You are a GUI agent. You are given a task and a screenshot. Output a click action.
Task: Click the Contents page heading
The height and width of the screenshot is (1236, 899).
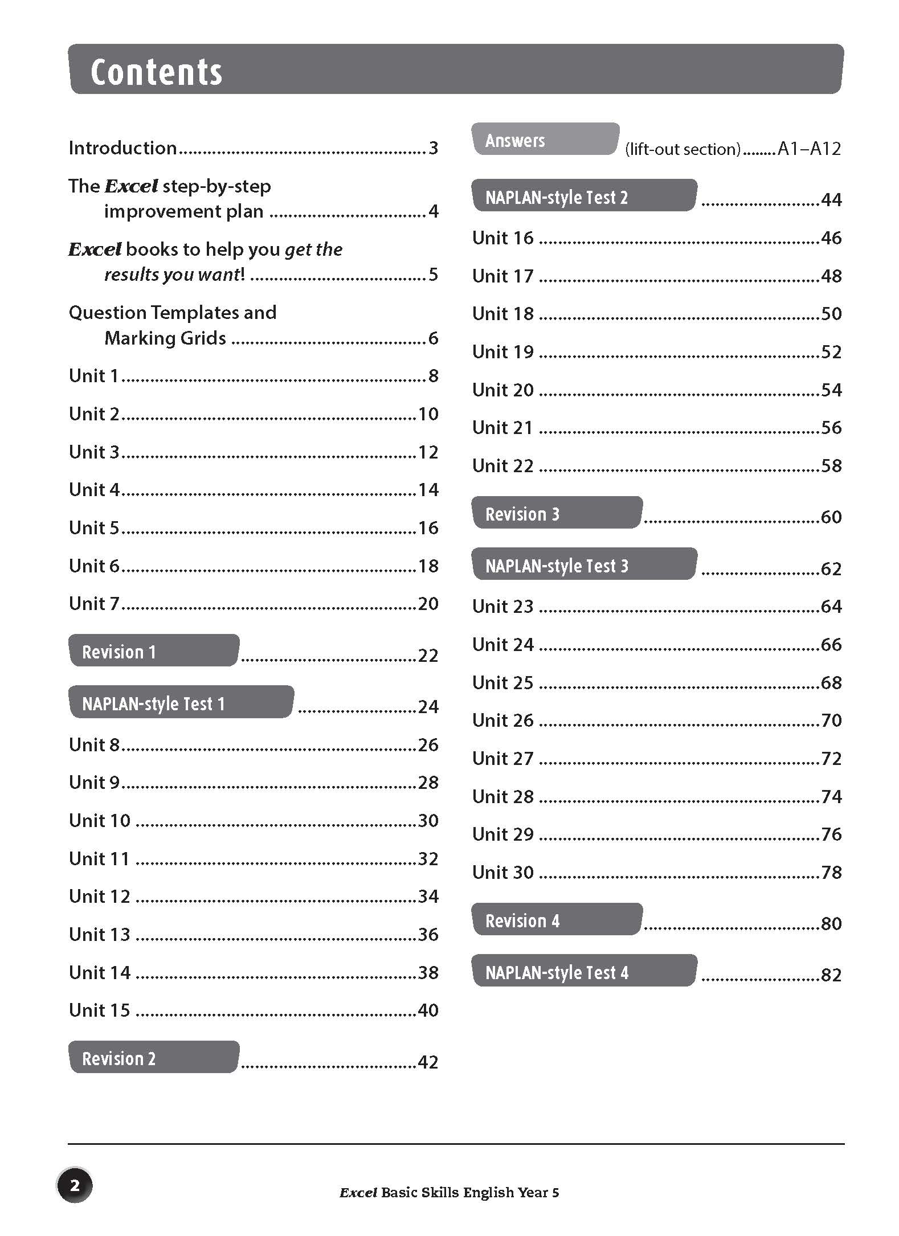click(156, 72)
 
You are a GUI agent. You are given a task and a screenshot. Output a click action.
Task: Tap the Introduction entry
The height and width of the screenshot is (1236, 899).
click(122, 148)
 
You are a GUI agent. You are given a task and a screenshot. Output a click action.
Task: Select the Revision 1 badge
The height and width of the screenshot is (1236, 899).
click(153, 651)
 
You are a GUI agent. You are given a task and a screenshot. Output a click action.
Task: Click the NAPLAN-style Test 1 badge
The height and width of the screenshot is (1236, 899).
click(181, 703)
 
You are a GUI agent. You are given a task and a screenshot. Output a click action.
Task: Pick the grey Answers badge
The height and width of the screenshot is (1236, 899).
click(545, 140)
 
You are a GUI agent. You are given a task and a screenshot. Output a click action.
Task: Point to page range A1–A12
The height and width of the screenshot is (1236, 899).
click(809, 149)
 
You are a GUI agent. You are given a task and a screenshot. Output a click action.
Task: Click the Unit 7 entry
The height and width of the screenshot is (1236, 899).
click(94, 604)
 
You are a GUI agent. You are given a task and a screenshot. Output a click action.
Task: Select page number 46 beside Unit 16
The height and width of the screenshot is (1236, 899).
click(831, 238)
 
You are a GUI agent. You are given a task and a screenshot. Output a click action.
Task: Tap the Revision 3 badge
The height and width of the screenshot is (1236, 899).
click(557, 513)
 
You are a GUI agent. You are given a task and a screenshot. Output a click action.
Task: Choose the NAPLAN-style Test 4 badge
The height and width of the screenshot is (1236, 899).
click(584, 972)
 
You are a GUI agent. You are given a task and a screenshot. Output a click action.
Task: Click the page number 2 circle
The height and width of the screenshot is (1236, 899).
click(75, 1186)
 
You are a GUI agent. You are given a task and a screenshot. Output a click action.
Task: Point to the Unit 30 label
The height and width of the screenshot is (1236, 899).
click(502, 872)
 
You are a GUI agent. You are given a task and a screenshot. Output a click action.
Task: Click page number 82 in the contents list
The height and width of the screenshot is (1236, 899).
click(831, 975)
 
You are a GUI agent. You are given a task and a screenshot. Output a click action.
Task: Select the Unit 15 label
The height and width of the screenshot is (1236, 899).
click(100, 1010)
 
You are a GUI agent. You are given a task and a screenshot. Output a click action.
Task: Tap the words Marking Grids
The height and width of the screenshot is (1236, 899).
click(165, 338)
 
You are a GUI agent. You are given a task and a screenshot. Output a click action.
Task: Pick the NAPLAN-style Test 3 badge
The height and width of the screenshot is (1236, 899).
click(584, 565)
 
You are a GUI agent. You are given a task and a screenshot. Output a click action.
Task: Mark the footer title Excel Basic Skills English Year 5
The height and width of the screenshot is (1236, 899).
click(449, 1193)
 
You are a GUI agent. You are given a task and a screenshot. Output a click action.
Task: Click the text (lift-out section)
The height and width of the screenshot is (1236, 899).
click(683, 150)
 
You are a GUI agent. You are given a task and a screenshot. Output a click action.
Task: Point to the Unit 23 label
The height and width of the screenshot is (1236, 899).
click(502, 607)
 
